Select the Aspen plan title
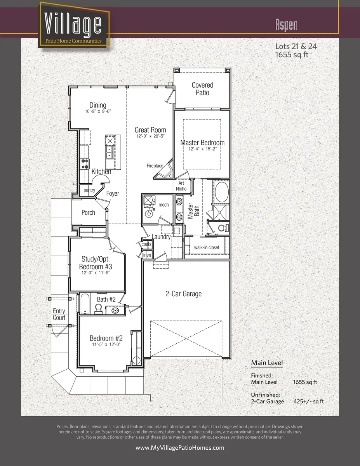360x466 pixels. (x=286, y=24)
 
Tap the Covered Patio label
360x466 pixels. (x=202, y=89)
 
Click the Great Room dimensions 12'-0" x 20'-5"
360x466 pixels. (x=150, y=137)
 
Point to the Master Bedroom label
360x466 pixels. (x=202, y=143)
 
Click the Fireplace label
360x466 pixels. (x=155, y=166)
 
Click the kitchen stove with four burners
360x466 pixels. (x=85, y=163)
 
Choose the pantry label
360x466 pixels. (x=89, y=190)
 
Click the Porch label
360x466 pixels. (x=88, y=212)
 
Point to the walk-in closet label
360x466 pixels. (x=207, y=248)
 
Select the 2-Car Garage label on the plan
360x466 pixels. (x=184, y=294)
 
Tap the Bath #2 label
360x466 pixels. (x=106, y=299)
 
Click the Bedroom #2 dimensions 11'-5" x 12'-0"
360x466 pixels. (x=106, y=344)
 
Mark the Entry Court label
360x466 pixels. (x=59, y=315)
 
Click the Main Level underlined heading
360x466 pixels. (x=266, y=363)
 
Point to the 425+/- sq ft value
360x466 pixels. (x=308, y=401)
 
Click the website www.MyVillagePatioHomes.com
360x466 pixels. (x=180, y=448)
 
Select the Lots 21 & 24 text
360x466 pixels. (x=296, y=46)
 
